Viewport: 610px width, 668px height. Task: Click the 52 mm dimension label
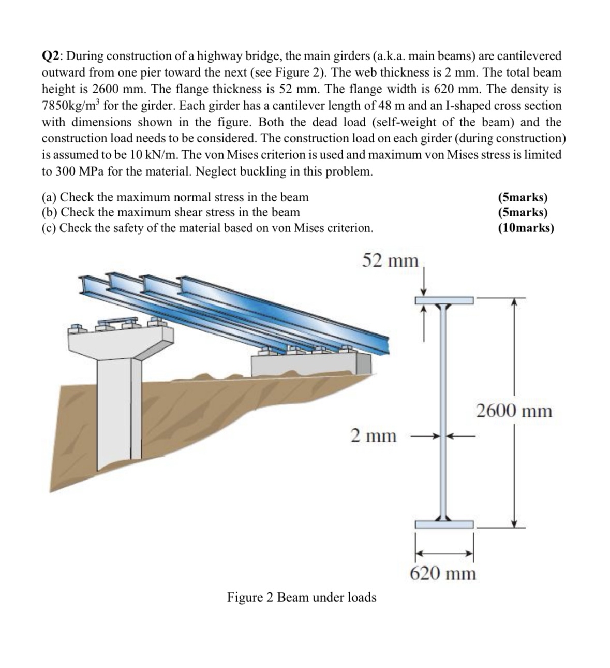tap(390, 260)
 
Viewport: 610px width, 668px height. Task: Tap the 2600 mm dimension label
tap(514, 411)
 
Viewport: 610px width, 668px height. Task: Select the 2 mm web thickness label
tap(373, 435)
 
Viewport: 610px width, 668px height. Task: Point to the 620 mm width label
tap(443, 573)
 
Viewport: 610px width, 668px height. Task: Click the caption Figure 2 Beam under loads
tap(302, 597)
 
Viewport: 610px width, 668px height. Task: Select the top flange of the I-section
tap(444, 300)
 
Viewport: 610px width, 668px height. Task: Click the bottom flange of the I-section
tap(444, 524)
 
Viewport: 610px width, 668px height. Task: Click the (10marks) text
tap(525, 228)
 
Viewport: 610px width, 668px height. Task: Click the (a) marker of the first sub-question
tap(50, 197)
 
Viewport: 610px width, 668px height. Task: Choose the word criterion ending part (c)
tap(350, 228)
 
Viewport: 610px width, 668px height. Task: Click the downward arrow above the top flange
tap(424, 283)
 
